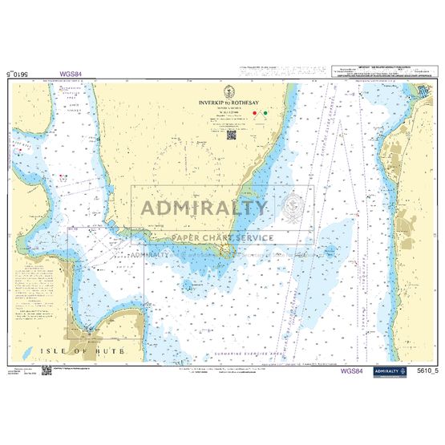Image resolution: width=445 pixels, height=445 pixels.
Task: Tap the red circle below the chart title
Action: [x=254, y=114]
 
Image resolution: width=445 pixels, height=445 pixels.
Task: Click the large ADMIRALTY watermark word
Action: [x=204, y=208]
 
